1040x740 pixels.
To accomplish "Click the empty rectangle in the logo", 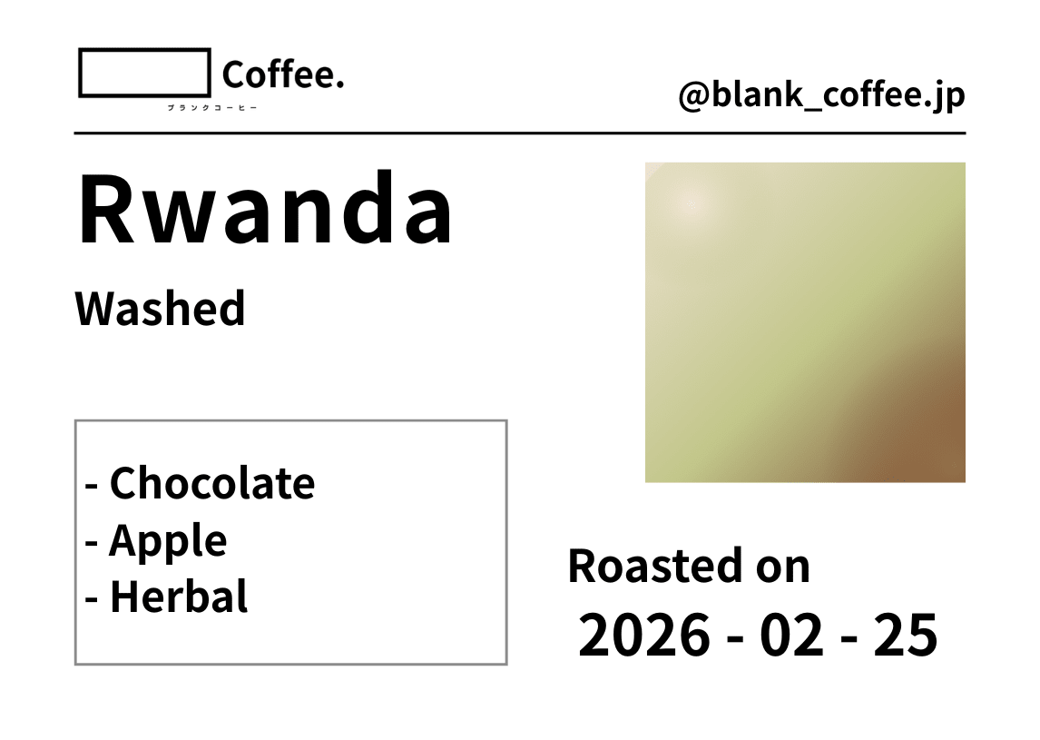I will point(144,74).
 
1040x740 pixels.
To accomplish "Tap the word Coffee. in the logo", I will point(282,75).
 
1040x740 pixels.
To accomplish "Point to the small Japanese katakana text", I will point(212,108).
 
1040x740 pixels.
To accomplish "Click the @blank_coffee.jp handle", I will point(821,95).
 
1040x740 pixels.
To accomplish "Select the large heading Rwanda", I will point(265,210).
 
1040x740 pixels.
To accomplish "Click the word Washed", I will point(160,309).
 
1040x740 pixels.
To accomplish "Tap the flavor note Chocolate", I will point(211,483).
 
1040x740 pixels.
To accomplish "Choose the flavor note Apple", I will point(167,541).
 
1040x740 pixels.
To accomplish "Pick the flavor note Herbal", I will point(178,597).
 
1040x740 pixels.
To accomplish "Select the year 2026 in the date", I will point(644,636).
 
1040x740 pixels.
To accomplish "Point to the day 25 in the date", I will point(905,636).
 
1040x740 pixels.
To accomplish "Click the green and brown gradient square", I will point(805,322).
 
